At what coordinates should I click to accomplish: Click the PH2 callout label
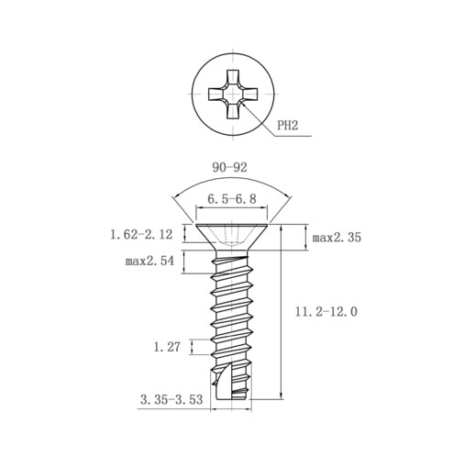click(287, 125)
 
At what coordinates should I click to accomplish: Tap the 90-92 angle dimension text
click(229, 167)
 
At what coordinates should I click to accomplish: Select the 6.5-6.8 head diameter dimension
click(232, 199)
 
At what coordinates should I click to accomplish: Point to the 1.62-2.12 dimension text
click(141, 235)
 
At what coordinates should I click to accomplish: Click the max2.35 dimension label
click(337, 238)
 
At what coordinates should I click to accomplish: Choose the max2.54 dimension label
click(149, 261)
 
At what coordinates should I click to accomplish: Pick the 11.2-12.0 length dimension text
click(326, 312)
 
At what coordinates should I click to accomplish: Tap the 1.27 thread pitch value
click(167, 347)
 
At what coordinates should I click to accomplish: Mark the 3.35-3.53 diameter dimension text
click(171, 399)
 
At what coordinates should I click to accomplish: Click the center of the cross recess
click(233, 94)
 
